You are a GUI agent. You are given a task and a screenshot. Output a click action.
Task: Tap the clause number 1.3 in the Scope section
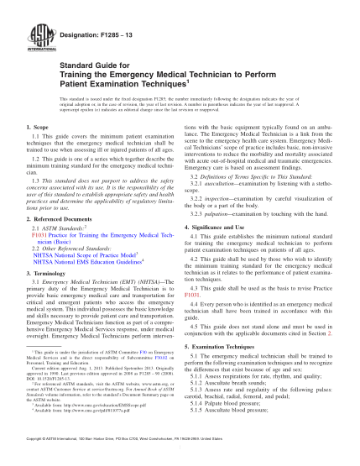[x=29, y=181]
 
